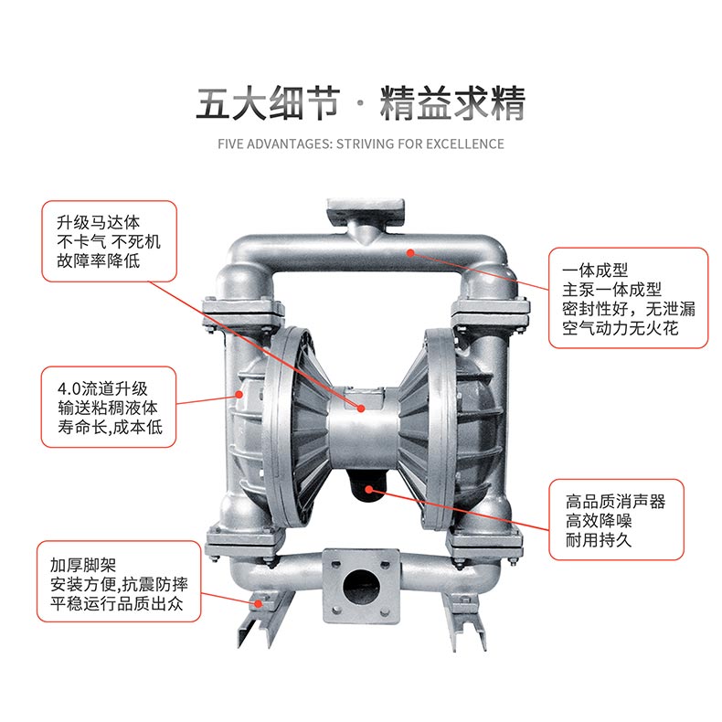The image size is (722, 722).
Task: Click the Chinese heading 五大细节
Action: click(x=268, y=103)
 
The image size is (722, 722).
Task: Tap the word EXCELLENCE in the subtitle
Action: click(x=464, y=144)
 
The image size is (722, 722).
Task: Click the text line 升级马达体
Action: click(x=98, y=223)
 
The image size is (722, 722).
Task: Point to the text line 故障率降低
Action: click(x=98, y=260)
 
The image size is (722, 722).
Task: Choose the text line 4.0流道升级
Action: click(x=102, y=388)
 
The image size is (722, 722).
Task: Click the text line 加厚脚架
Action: click(x=83, y=565)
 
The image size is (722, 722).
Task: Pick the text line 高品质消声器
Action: click(x=615, y=502)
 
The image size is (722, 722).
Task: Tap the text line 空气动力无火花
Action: click(x=621, y=328)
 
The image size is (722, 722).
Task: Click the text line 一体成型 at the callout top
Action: click(x=595, y=271)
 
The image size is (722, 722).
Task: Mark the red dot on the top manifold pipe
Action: click(x=410, y=253)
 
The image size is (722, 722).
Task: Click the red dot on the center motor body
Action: click(x=361, y=409)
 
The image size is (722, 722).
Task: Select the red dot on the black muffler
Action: click(x=369, y=489)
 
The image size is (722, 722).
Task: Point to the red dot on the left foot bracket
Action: click(x=260, y=604)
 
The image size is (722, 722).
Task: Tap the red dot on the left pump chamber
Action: click(x=239, y=394)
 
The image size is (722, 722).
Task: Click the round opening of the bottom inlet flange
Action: click(x=361, y=586)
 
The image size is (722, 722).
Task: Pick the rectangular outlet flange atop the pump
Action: click(x=366, y=212)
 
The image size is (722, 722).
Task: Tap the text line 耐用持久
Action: click(x=598, y=540)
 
